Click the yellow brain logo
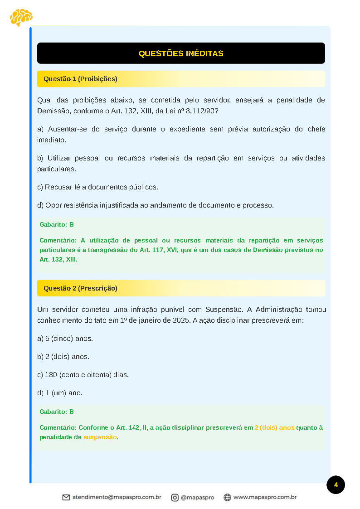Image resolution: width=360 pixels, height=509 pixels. [x=21, y=17]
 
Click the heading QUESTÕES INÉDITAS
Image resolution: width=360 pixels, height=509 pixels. [x=181, y=53]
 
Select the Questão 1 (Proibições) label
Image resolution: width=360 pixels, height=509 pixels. [x=80, y=79]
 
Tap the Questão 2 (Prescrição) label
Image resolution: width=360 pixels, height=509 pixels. [x=80, y=288]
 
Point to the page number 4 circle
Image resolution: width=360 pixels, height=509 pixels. [x=336, y=485]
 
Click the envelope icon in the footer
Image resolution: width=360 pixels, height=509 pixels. [x=66, y=497]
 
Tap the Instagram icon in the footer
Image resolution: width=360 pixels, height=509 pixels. [x=175, y=497]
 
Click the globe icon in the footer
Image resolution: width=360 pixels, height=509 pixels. [x=227, y=497]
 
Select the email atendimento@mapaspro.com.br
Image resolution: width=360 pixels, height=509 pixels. [x=117, y=497]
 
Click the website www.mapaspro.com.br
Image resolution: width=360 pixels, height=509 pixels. [x=265, y=497]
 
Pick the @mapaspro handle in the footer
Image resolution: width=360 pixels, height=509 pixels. [x=197, y=497]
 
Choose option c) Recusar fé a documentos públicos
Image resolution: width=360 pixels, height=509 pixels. [x=97, y=187]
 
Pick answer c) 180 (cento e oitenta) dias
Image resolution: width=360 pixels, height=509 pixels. [x=83, y=375]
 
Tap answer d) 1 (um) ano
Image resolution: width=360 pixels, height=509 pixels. [x=60, y=393]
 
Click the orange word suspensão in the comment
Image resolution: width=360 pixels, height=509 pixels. [x=100, y=437]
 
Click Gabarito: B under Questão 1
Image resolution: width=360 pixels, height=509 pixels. [x=57, y=225]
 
